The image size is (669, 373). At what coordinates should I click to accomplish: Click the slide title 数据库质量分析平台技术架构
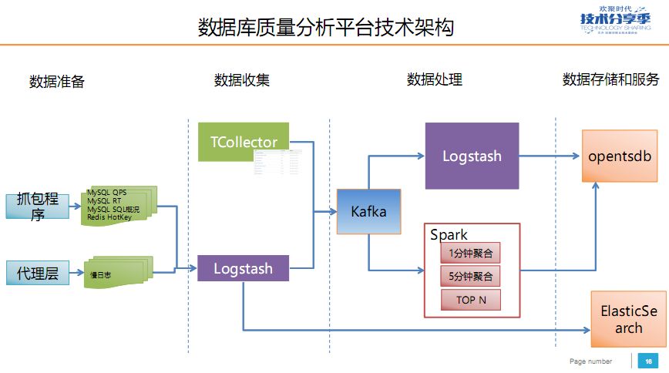325,28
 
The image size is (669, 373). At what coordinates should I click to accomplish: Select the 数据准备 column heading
57,82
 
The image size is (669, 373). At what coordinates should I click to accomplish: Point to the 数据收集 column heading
242,80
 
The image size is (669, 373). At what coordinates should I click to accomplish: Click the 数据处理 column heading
435,80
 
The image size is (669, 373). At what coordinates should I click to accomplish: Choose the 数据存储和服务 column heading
611,80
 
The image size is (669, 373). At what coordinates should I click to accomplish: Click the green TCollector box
244,142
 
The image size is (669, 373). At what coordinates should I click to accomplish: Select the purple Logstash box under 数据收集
244,269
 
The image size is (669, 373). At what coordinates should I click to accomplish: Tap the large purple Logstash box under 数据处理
472,156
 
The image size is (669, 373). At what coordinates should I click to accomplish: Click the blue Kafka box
368,210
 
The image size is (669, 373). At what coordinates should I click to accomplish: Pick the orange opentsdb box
620,156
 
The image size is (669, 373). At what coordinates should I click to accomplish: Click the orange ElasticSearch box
628,319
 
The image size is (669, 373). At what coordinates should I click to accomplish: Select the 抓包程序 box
37,207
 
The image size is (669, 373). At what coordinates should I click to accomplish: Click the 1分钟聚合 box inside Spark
470,252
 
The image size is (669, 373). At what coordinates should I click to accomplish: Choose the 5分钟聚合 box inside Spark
470,276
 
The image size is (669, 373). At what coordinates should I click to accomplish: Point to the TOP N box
470,300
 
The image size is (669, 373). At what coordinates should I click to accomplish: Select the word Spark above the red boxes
449,234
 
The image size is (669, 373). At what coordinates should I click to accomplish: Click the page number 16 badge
648,361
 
